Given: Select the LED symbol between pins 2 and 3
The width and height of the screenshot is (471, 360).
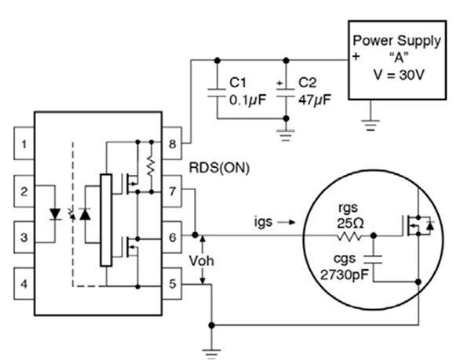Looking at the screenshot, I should [x=55, y=213].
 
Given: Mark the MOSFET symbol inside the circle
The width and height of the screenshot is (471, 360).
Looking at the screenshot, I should [x=415, y=227].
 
